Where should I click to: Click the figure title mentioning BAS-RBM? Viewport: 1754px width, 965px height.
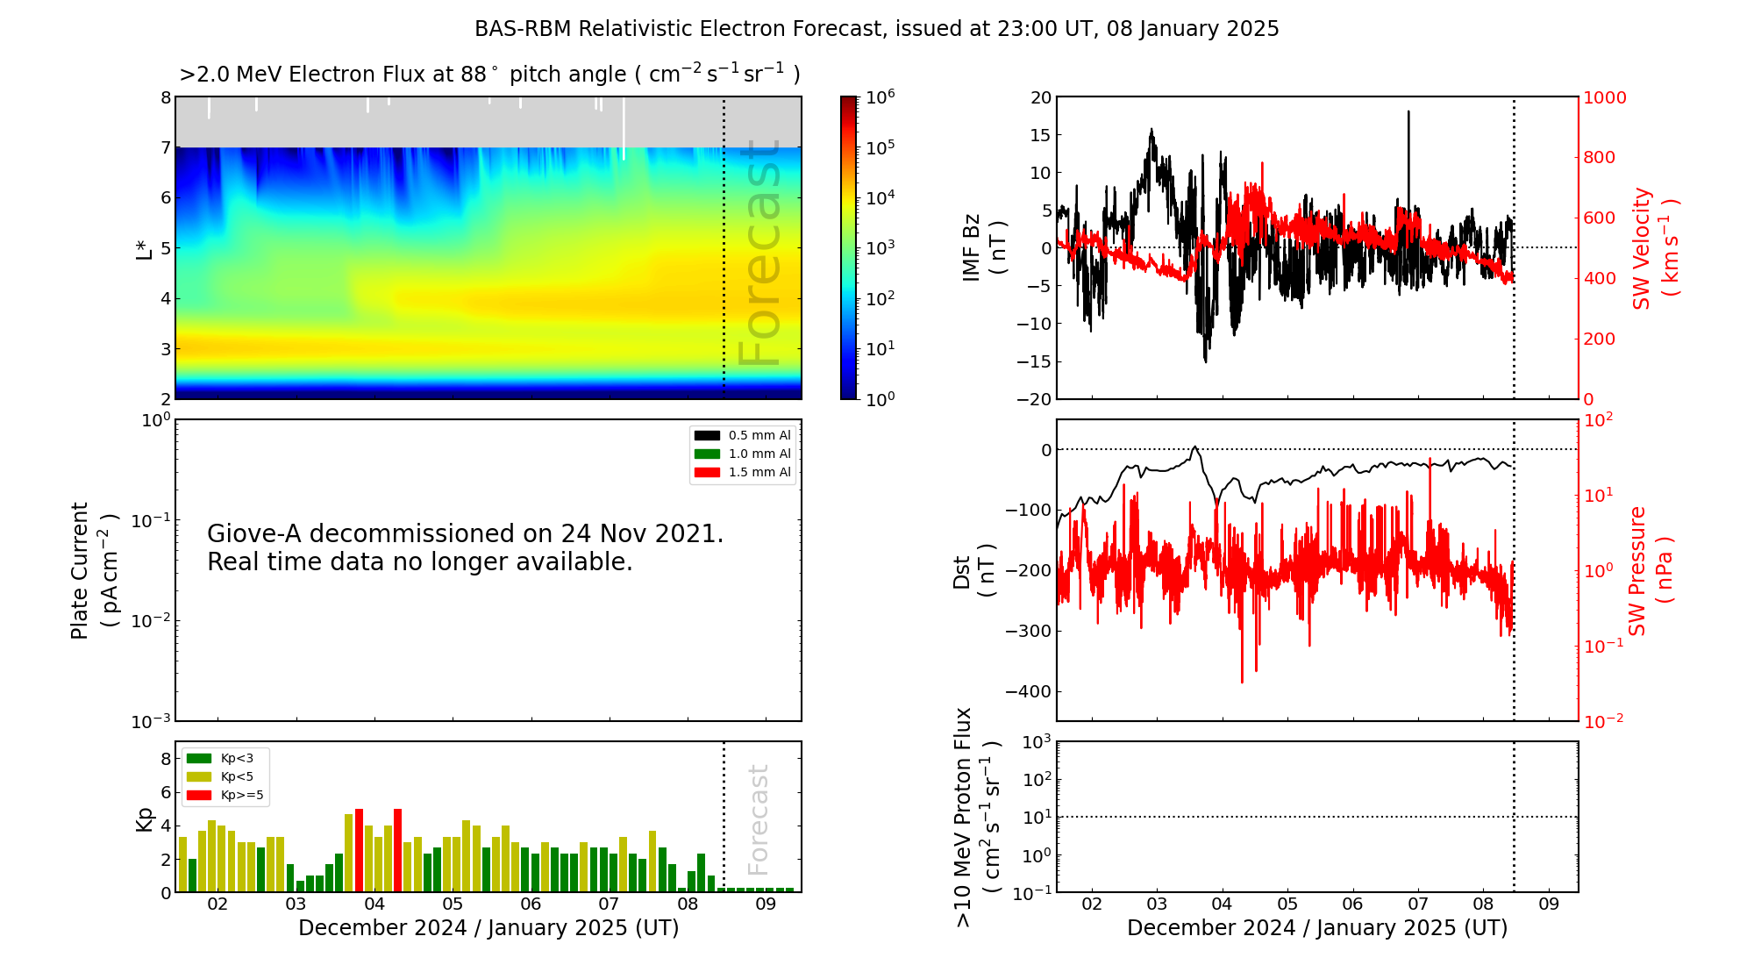pyautogui.click(x=876, y=29)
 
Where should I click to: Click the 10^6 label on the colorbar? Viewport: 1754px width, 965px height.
pyautogui.click(x=880, y=96)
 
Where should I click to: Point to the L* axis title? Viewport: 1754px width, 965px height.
pyautogui.click(x=145, y=248)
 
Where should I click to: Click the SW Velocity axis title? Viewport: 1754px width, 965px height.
pyautogui.click(x=1654, y=248)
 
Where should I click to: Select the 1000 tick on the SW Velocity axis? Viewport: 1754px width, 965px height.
pyautogui.click(x=1604, y=97)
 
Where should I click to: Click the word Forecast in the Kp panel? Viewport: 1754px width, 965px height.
pyautogui.click(x=758, y=819)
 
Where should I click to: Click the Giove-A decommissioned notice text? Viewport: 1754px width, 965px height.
pyautogui.click(x=465, y=547)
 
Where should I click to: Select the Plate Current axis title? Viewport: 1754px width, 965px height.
pyautogui.click(x=92, y=570)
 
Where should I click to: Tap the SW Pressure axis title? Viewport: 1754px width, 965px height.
pyautogui.click(x=1650, y=570)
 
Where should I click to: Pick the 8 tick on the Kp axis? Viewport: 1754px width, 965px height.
pyautogui.click(x=166, y=759)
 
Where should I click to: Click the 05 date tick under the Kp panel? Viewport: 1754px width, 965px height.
pyautogui.click(x=452, y=904)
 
